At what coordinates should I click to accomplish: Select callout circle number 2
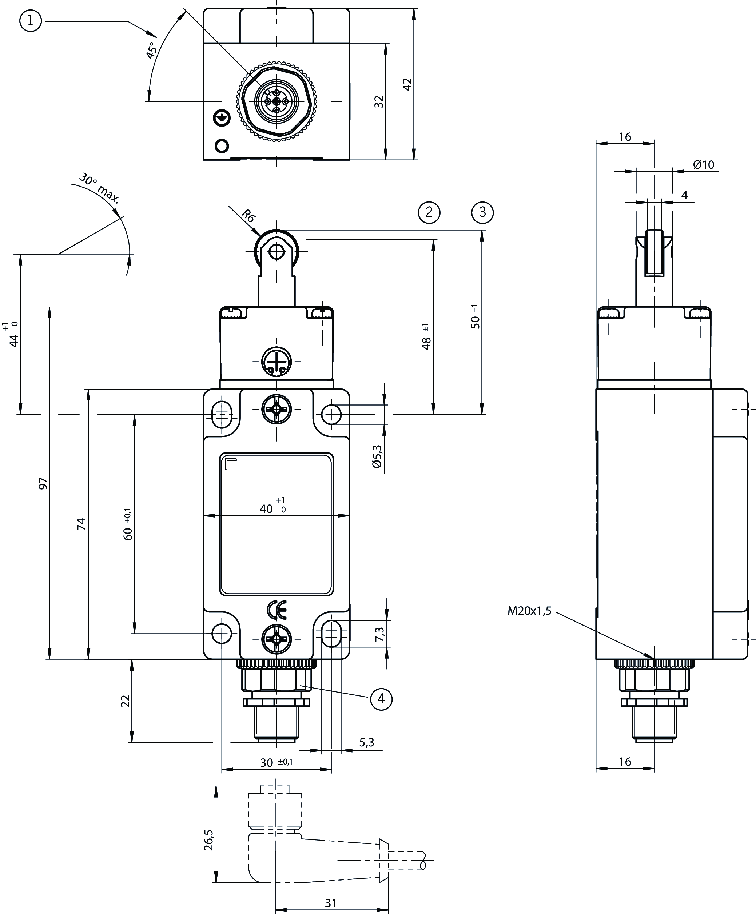[429, 212]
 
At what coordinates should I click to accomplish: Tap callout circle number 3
[482, 212]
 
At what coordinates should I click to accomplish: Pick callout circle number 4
[381, 699]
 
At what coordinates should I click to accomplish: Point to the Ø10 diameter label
[704, 164]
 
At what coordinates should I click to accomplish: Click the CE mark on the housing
[276, 610]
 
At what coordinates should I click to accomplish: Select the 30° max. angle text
[99, 188]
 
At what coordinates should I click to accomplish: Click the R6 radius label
[248, 216]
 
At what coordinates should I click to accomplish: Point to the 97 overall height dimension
[43, 483]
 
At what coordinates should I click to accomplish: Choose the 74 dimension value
[81, 524]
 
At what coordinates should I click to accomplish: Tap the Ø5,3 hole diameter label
[377, 456]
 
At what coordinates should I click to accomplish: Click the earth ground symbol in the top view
[221, 117]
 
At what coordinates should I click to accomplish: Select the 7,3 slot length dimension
[379, 634]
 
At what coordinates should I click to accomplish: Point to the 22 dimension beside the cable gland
[126, 701]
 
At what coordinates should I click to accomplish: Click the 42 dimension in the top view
[407, 84]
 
